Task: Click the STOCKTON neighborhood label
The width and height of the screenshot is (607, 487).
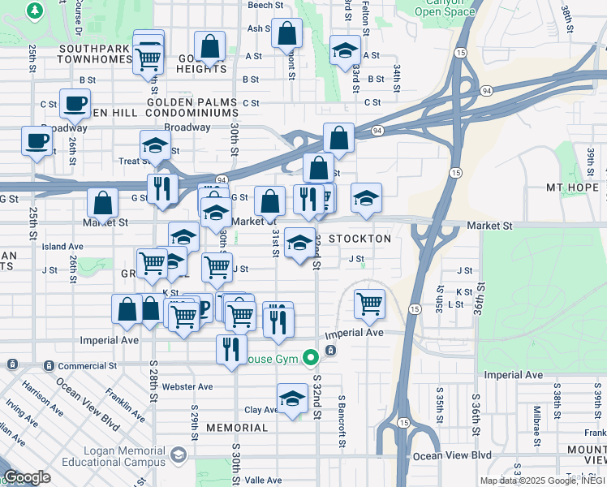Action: pyautogui.click(x=359, y=239)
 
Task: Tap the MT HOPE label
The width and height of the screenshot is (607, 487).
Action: pyautogui.click(x=572, y=187)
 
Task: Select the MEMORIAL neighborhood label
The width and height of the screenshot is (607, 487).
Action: pyautogui.click(x=237, y=428)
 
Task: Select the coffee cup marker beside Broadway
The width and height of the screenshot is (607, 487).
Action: pyautogui.click(x=37, y=140)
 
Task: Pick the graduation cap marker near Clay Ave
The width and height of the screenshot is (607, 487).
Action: pyautogui.click(x=292, y=399)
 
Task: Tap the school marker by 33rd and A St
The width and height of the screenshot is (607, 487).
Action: pyautogui.click(x=345, y=50)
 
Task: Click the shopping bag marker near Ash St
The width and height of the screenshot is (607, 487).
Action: pyautogui.click(x=286, y=34)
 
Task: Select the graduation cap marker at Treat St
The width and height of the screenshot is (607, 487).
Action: pyautogui.click(x=155, y=145)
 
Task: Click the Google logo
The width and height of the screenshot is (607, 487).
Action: pyautogui.click(x=27, y=477)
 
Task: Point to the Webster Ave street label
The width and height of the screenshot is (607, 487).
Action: pyautogui.click(x=187, y=386)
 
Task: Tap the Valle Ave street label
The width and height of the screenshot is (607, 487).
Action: pyautogui.click(x=262, y=481)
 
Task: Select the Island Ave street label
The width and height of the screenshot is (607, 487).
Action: pyautogui.click(x=62, y=246)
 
